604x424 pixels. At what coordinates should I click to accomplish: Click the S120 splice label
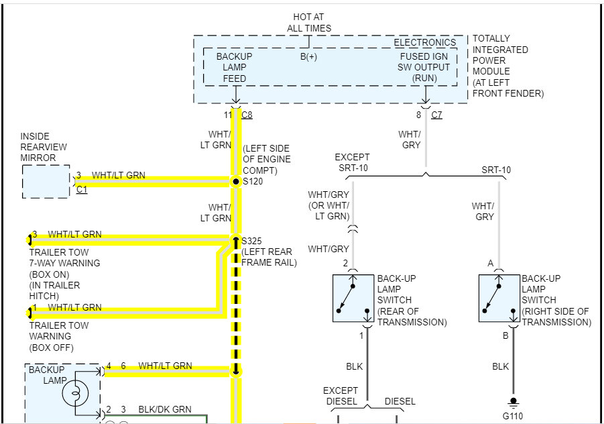252,181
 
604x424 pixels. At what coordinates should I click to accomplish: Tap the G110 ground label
513,415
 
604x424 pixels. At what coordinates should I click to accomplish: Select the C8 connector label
247,115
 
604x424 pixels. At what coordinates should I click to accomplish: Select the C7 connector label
436,115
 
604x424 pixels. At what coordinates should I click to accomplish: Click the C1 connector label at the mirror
82,190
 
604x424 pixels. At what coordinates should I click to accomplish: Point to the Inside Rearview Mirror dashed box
46,181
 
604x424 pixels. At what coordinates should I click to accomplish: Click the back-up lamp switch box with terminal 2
353,298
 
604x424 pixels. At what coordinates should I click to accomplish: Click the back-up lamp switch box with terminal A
499,298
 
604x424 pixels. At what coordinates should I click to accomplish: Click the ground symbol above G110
513,403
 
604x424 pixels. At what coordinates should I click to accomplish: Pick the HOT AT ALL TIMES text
309,22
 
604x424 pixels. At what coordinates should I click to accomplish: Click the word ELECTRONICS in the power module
424,43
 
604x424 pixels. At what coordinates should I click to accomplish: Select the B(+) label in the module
308,57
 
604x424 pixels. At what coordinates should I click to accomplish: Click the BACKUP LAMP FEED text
234,67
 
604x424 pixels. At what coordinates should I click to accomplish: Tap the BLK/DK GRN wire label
165,409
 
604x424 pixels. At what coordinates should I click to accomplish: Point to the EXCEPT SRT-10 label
352,163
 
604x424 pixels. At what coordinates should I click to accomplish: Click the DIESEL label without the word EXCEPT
400,401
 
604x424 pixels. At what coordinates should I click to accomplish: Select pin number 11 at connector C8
227,115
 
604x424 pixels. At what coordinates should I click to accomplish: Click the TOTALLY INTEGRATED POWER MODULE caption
508,66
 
